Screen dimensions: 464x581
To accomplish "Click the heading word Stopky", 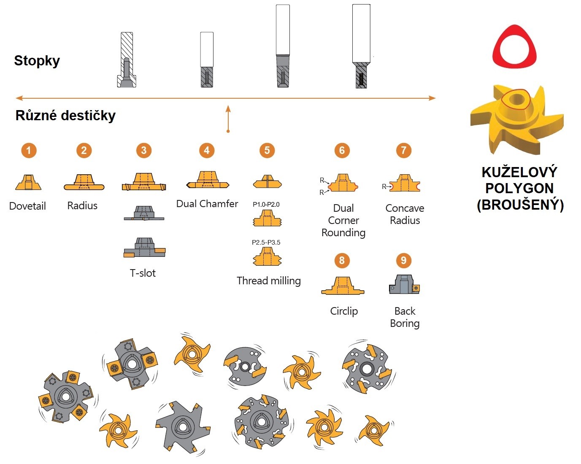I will pos(37,61).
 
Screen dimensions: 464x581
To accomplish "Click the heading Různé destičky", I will pos(65,116).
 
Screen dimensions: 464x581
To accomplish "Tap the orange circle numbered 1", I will pos(29,150).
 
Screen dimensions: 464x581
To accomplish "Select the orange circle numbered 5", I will pos(267,150).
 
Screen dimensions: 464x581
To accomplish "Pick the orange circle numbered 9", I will pos(404,260).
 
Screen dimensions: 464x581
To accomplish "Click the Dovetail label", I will pos(27,206).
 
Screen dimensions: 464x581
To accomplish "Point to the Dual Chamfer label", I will pos(207,204).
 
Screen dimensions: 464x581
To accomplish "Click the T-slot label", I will pos(143,273).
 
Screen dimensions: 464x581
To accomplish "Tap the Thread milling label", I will pos(269,281).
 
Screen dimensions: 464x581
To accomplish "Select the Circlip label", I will pos(344,311).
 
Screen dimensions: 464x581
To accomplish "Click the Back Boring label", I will pos(405,317).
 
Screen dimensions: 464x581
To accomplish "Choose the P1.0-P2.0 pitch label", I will pos(266,205).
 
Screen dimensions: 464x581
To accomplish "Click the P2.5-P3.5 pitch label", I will pos(266,243).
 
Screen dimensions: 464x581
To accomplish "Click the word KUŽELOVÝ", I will pos(519,172).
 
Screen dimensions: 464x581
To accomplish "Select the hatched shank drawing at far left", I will pos(127,60).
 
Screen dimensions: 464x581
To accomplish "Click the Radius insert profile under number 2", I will pos(84,182).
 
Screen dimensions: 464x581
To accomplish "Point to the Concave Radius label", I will pos(405,214).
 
